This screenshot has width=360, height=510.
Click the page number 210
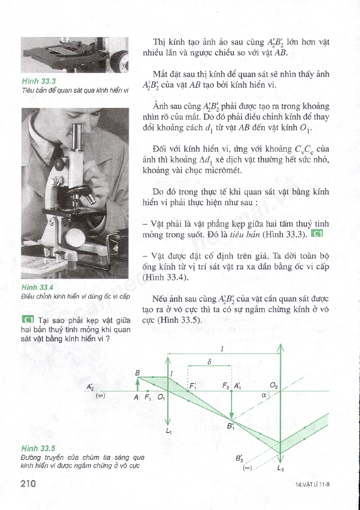pos(28,484)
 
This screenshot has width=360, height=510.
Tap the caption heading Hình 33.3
pos(39,82)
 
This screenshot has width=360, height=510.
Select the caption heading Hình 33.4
pos(37,287)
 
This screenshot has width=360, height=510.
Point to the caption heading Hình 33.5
pos(38,449)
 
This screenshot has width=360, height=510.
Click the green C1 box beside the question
pos(28,319)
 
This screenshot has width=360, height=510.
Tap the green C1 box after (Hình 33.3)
pos(317,233)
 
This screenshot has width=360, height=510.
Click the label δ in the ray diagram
pos(209,361)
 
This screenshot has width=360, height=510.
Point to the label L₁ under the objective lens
pos(169,431)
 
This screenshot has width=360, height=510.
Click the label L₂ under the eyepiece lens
pos(280,469)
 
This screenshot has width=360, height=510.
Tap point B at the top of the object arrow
pos(137,373)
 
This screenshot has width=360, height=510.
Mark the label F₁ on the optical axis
pos(147,397)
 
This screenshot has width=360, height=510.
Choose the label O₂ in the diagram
pos(274,386)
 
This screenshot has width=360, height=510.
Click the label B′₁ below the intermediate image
pos(231,427)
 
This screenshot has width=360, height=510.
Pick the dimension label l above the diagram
pos(222,349)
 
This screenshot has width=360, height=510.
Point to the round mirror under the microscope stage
pos(75,238)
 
